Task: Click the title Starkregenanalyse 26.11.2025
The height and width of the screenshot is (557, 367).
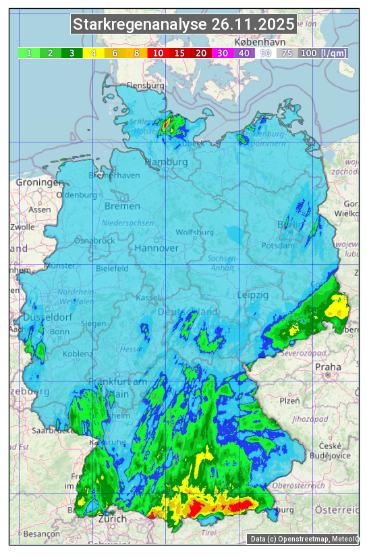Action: (x=184, y=25)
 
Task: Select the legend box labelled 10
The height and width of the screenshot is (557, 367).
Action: (x=158, y=53)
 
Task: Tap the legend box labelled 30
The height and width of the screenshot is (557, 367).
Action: (x=223, y=53)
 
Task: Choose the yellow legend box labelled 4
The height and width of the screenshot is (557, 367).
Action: (x=94, y=53)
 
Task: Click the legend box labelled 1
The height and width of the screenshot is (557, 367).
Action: (x=29, y=53)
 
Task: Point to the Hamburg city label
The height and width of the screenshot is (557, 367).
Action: (x=167, y=163)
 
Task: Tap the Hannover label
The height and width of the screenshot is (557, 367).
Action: (x=157, y=248)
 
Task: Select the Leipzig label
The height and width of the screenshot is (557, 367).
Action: (x=253, y=295)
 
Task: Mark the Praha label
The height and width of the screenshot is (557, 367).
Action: (x=328, y=367)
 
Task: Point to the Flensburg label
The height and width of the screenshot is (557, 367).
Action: (x=146, y=86)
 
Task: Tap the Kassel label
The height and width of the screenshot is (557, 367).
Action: (x=147, y=298)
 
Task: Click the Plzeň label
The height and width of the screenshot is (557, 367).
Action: (x=289, y=400)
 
